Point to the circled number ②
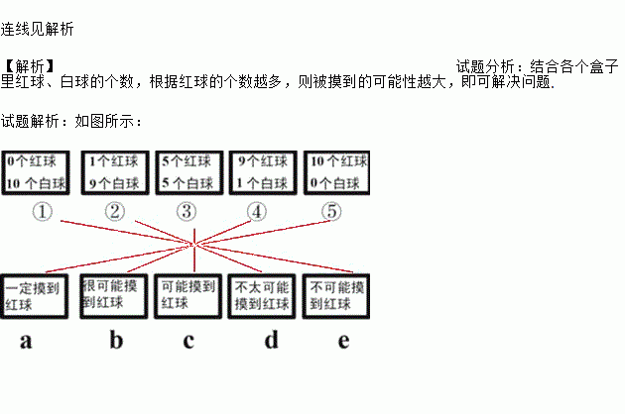(115, 211)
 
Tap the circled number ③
(187, 211)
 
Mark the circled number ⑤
(331, 211)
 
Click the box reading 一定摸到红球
(36, 297)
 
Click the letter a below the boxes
(27, 342)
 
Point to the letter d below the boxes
(272, 342)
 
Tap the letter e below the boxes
(343, 342)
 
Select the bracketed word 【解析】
(30, 67)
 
